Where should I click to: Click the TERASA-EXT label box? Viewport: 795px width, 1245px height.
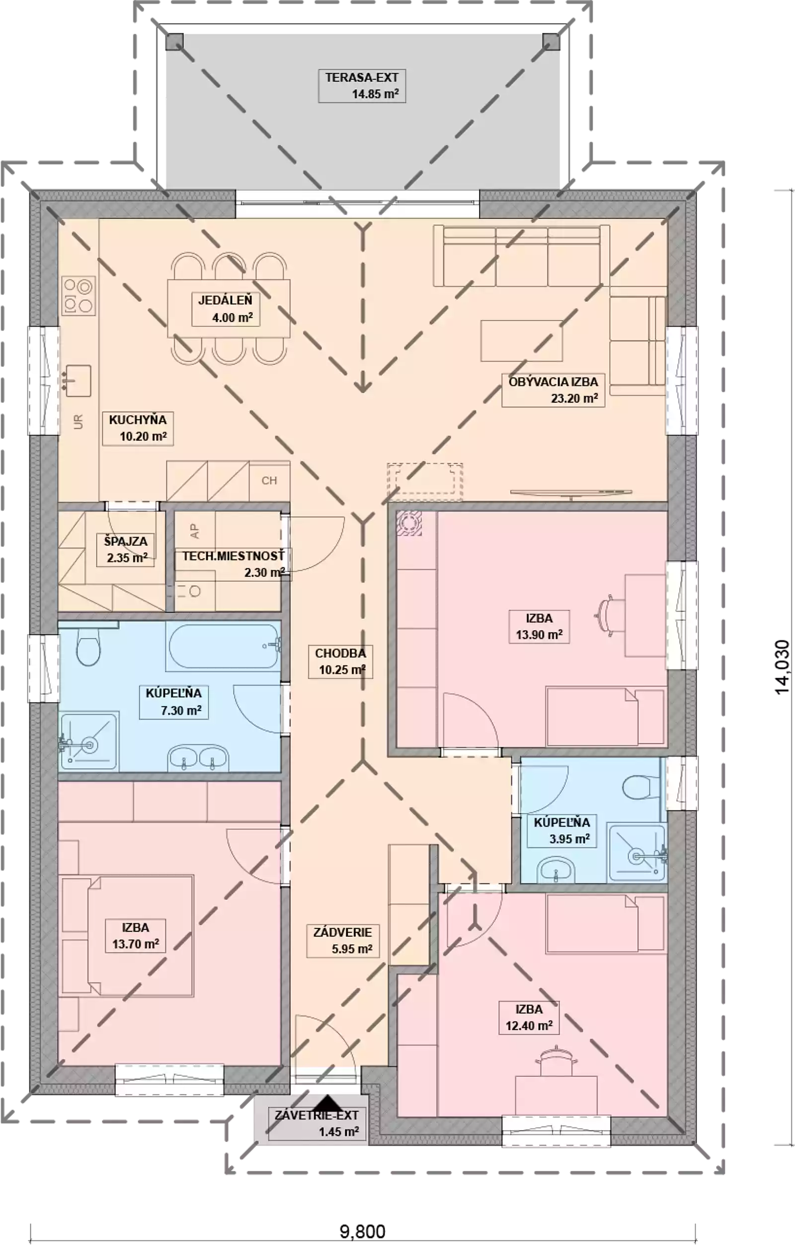(362, 86)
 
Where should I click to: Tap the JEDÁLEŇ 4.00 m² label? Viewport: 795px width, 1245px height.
(226, 309)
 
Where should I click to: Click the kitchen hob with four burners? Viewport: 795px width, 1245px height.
(79, 296)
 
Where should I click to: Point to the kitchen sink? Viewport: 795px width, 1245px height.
(78, 380)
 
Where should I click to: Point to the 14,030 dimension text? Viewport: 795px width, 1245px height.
(783, 667)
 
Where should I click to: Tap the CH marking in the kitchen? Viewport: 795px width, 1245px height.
(269, 481)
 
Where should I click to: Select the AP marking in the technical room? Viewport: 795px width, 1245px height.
(195, 531)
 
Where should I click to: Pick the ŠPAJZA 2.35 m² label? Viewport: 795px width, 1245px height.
(126, 549)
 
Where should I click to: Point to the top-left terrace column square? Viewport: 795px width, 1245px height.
(174, 41)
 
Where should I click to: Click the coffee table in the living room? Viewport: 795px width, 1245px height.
(521, 340)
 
